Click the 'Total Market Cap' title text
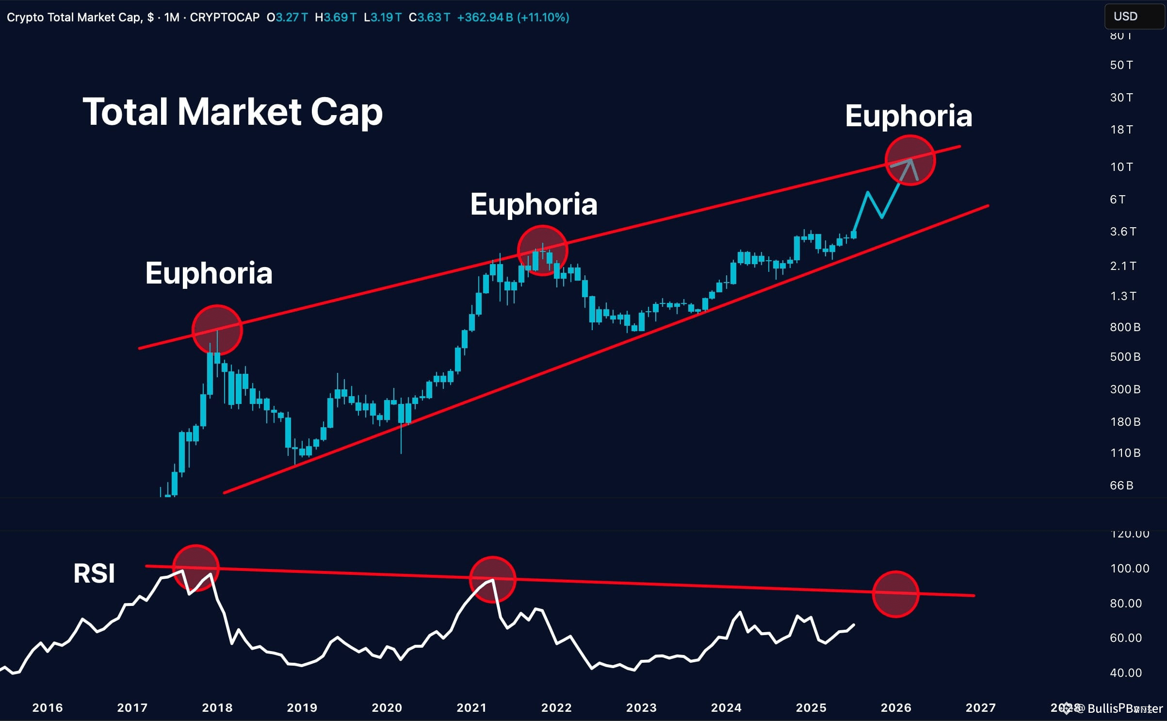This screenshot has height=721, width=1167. tap(233, 112)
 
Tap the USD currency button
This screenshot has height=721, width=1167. tap(1125, 17)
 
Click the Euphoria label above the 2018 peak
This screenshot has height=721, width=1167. tap(209, 273)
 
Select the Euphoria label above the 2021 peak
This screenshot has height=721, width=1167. tap(534, 204)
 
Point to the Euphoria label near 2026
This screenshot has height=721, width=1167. tap(908, 116)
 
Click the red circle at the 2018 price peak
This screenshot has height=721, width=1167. tap(217, 330)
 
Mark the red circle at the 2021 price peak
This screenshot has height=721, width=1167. tap(542, 251)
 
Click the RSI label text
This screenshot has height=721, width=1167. tap(94, 573)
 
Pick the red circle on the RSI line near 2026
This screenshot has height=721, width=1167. tap(895, 594)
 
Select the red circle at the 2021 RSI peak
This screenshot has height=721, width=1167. tap(492, 579)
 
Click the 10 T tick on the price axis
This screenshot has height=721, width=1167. tap(1121, 167)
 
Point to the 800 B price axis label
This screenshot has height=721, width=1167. tap(1125, 327)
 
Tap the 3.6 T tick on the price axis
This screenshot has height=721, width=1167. tap(1123, 232)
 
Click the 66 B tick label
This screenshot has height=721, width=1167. tap(1121, 486)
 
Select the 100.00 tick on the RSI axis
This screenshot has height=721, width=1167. tap(1130, 569)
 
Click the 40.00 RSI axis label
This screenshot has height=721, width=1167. tap(1126, 673)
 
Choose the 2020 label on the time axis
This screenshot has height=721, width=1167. tap(387, 708)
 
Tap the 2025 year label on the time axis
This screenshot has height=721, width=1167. tap(811, 708)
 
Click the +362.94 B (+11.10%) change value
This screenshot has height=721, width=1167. tap(513, 17)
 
